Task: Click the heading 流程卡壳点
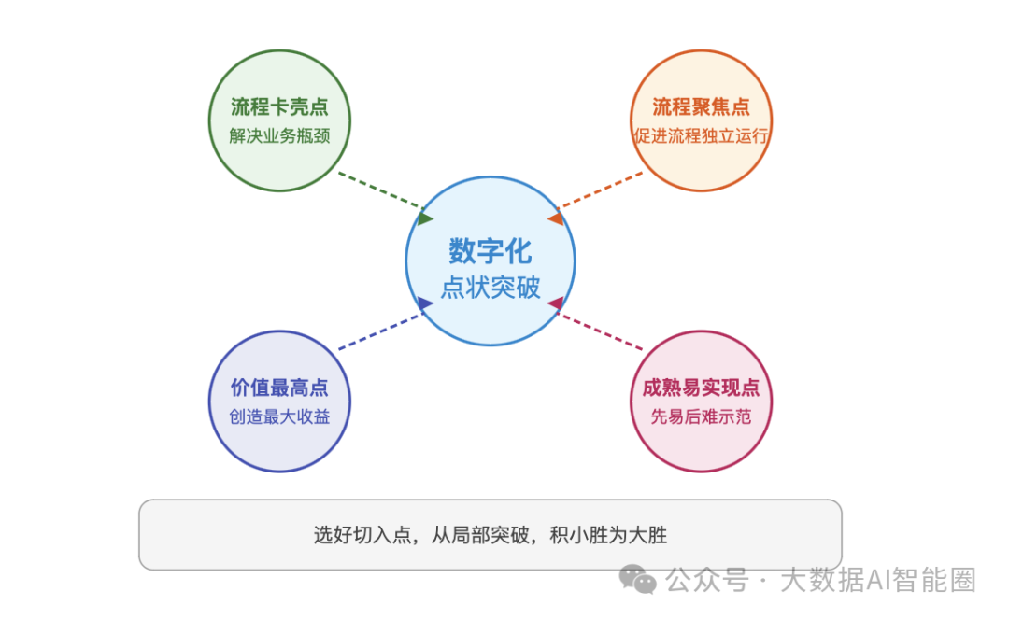(x=279, y=106)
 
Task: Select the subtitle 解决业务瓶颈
(x=279, y=135)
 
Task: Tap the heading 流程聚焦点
(x=701, y=106)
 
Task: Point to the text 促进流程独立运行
(x=701, y=135)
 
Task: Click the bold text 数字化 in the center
(x=490, y=251)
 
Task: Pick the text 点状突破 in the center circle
(x=490, y=287)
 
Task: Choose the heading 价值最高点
(x=279, y=388)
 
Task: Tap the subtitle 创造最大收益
(x=279, y=417)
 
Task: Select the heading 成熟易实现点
(x=701, y=388)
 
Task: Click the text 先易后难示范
(x=701, y=417)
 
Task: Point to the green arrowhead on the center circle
(x=426, y=218)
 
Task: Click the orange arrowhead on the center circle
(x=555, y=218)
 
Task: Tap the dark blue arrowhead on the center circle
(x=425, y=303)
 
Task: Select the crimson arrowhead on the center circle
(x=555, y=303)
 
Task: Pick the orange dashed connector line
(x=601, y=193)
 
